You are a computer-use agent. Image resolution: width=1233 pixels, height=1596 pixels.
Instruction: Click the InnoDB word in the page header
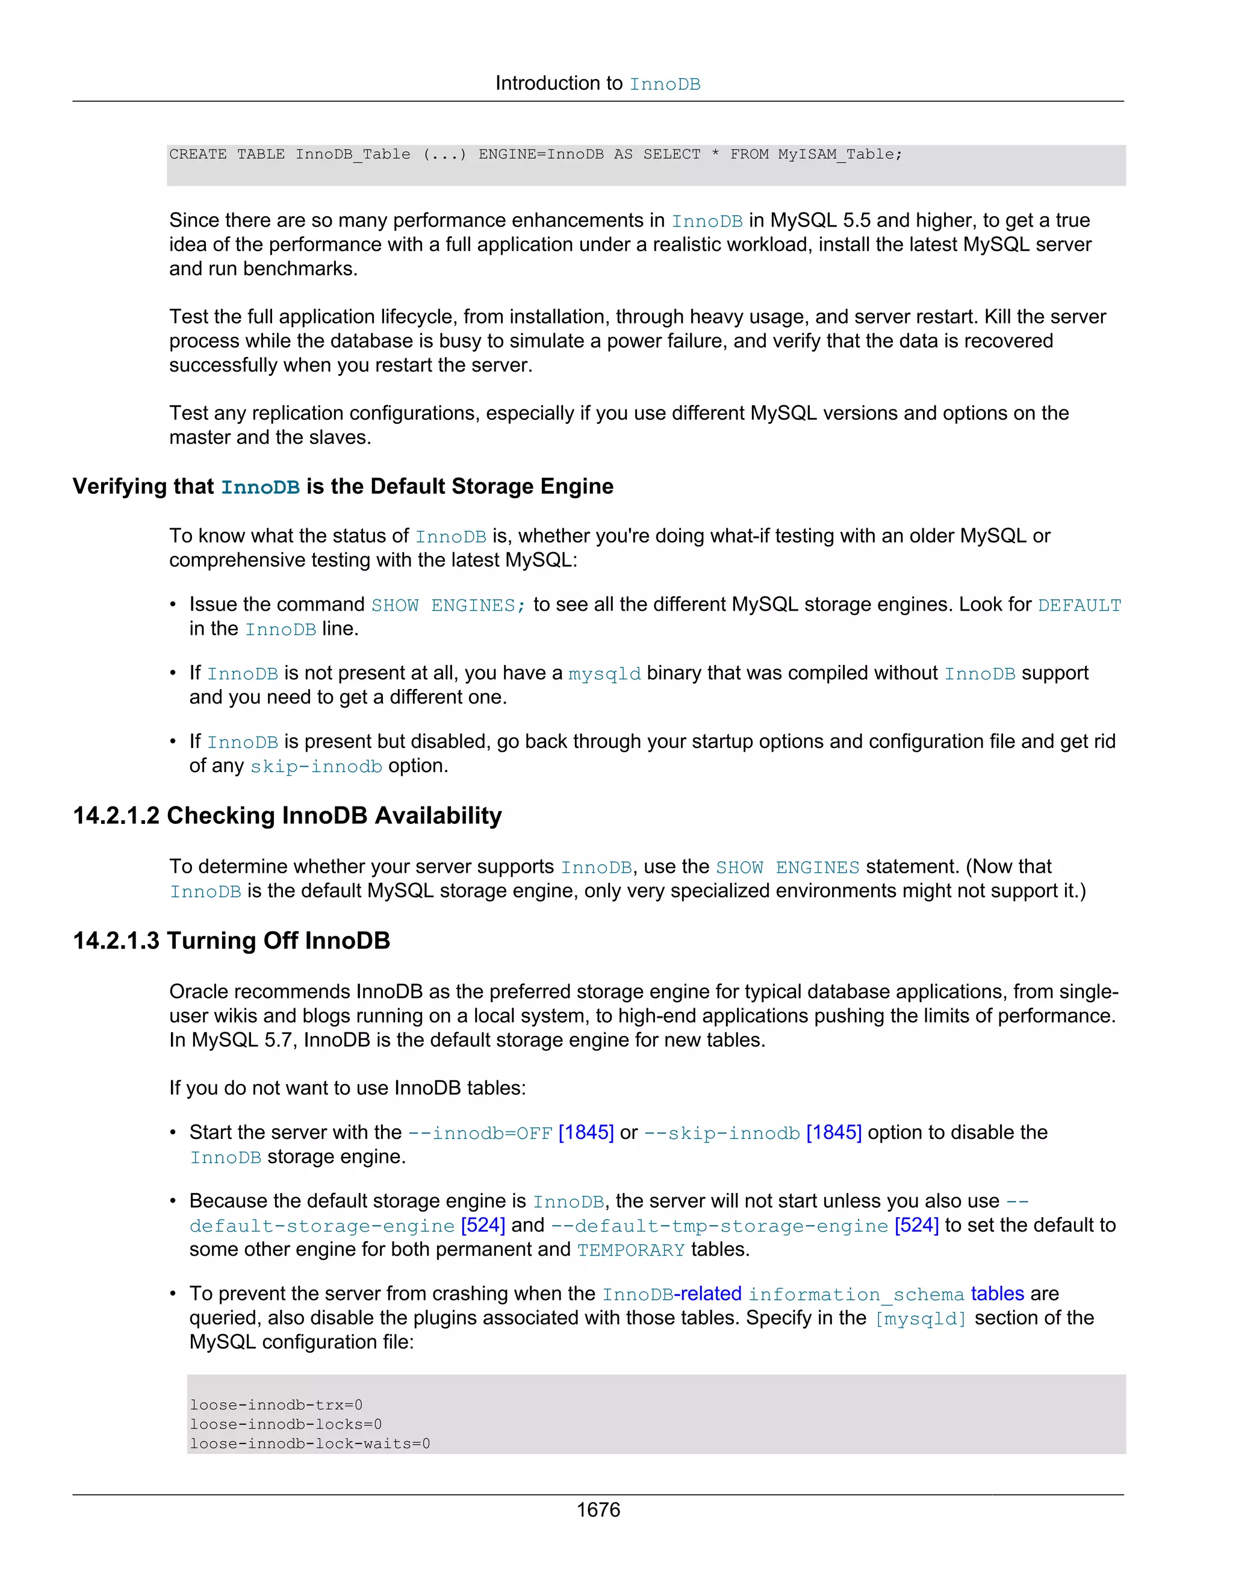[665, 85]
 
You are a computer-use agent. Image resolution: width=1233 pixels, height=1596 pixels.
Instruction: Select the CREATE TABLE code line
[535, 154]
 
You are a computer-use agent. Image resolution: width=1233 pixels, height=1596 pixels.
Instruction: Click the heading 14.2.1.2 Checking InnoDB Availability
[287, 815]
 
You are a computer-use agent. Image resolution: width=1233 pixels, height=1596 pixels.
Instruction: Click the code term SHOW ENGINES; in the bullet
[448, 606]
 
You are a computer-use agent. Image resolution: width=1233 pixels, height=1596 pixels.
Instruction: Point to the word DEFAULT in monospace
[1079, 606]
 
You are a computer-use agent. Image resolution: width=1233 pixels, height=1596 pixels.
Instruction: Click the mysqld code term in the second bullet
[604, 674]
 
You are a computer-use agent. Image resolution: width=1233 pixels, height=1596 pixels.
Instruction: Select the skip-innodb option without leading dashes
[315, 767]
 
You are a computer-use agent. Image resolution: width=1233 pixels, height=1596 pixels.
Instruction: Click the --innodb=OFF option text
[479, 1133]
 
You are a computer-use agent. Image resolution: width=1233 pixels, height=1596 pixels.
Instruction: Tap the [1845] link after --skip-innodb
[833, 1133]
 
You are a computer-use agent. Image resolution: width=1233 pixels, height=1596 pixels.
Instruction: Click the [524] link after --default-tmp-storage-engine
[916, 1226]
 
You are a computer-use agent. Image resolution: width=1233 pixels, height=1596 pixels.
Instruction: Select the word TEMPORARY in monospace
[630, 1250]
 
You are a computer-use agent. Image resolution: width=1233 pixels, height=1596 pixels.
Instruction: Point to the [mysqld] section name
[921, 1319]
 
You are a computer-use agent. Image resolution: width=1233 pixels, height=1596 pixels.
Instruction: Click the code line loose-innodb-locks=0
[285, 1424]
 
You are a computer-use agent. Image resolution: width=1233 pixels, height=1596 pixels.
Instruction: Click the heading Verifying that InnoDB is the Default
[343, 487]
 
